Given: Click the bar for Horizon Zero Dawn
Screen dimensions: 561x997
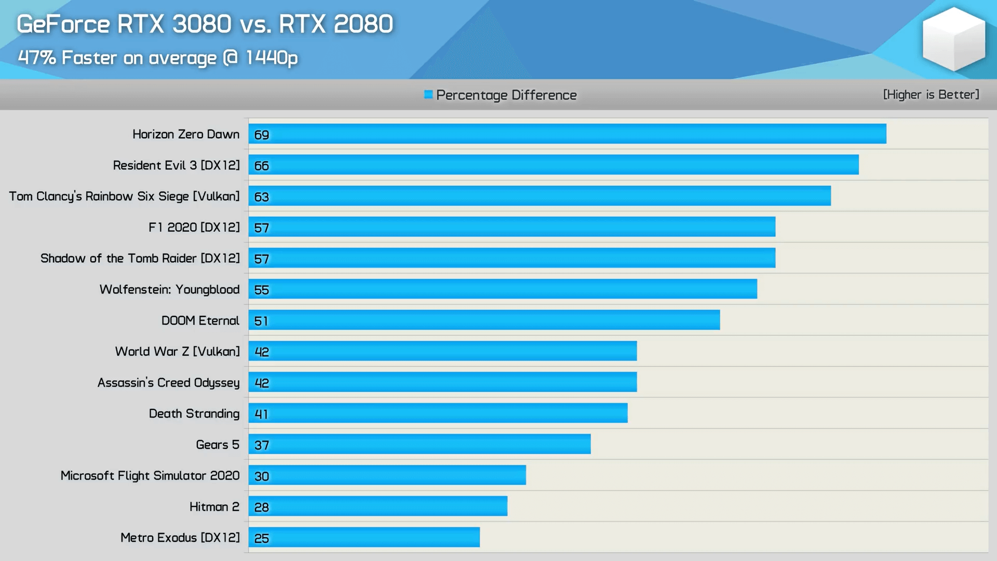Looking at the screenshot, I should [567, 134].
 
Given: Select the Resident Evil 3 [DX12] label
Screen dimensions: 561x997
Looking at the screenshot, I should [176, 165].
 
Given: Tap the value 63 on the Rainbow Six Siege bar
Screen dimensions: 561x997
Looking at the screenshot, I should [262, 197].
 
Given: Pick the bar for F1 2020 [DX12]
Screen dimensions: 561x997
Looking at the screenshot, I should [511, 227].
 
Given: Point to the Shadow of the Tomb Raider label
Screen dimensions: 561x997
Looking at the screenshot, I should [140, 258].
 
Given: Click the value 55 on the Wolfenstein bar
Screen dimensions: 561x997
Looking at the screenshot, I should [262, 290].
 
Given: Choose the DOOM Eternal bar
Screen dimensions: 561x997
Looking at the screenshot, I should [484, 320].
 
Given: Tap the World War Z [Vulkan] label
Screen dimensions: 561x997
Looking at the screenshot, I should [177, 352].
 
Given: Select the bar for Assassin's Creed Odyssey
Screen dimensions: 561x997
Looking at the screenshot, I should [442, 382].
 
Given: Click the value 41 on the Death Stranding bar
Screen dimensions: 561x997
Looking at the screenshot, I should [262, 414].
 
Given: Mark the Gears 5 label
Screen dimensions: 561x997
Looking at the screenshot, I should [217, 445].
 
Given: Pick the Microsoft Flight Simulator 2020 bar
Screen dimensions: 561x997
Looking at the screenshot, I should [387, 475].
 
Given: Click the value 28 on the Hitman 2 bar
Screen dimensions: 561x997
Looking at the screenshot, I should [262, 507].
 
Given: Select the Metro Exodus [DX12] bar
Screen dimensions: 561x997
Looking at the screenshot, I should [364, 537].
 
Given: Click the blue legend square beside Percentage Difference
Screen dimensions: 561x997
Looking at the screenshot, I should [428, 95].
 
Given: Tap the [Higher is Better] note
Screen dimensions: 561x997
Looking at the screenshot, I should [931, 95].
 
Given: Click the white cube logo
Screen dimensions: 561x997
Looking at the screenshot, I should [953, 39].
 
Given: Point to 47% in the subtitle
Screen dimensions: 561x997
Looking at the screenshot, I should [37, 58].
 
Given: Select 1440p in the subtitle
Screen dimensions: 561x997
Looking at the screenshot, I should [272, 58].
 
